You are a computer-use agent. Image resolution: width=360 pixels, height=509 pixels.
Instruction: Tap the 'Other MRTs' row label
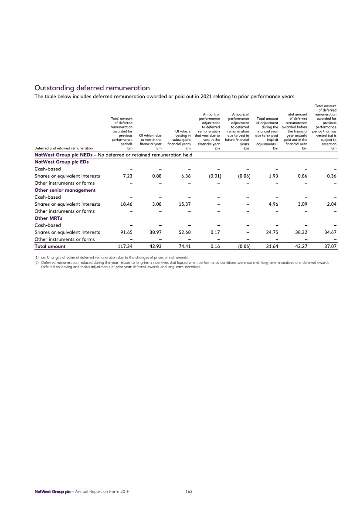[x=46, y=218]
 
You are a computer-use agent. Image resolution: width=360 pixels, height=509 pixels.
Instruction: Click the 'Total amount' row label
[x=50, y=246]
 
